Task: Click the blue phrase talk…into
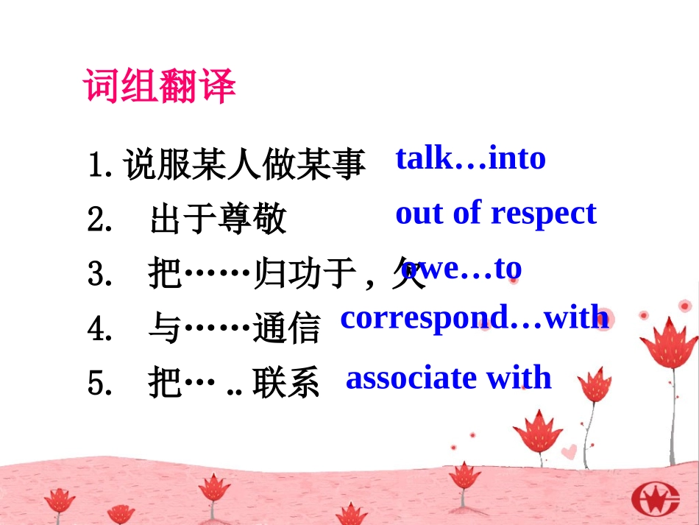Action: [x=470, y=158]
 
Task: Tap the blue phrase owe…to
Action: [x=462, y=269]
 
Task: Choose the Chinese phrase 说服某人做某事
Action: [x=244, y=165]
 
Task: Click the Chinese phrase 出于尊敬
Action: [x=217, y=219]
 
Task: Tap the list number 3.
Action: [x=98, y=275]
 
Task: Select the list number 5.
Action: [x=98, y=384]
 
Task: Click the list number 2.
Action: [x=98, y=220]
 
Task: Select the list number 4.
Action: [x=98, y=329]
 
